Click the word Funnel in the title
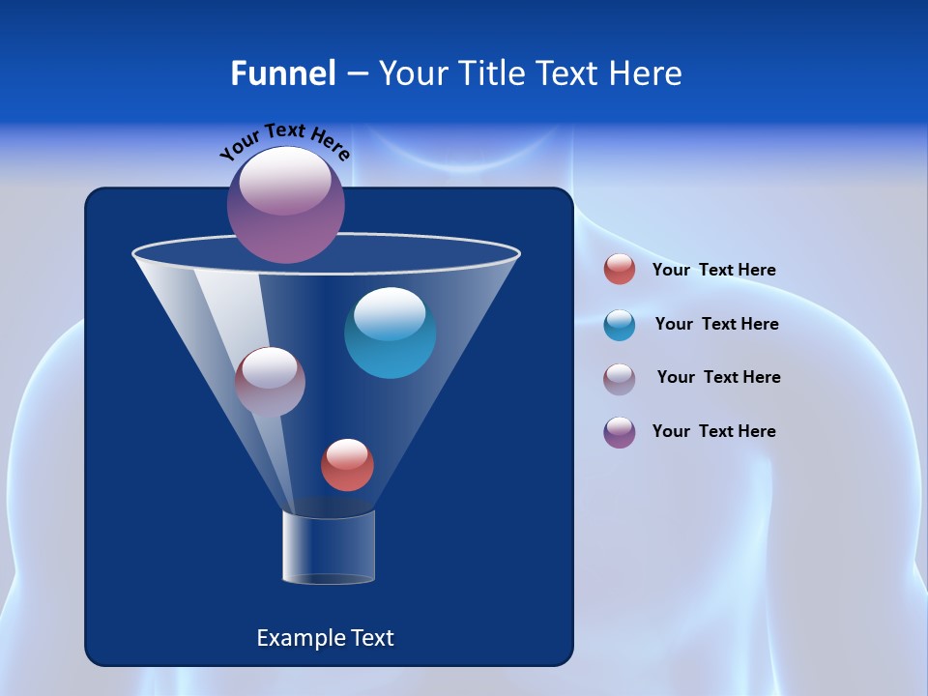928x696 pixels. [282, 73]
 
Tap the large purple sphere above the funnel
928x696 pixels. [286, 205]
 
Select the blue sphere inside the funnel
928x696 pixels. [390, 333]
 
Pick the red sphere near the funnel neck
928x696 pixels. [347, 465]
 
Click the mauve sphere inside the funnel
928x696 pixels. [270, 382]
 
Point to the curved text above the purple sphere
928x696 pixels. [285, 141]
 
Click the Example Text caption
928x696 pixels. [325, 638]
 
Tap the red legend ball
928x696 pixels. [620, 270]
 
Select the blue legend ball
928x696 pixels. [620, 325]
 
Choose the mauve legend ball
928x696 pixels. [620, 378]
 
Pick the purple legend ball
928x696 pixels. [620, 432]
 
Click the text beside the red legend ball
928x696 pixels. [713, 271]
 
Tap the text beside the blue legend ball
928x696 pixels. [716, 325]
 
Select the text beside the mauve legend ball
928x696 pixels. [718, 378]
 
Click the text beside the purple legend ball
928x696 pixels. [713, 432]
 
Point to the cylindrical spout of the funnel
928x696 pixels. [328, 547]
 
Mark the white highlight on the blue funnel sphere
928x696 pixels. [390, 312]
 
